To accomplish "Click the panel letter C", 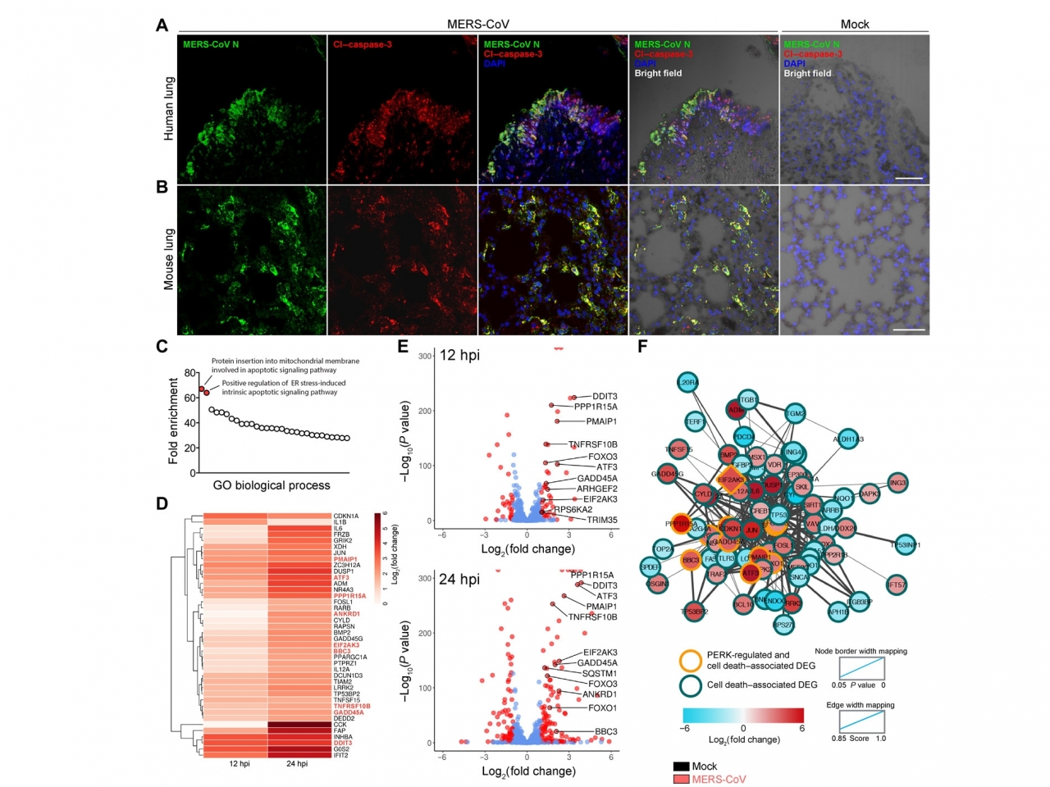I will click(x=162, y=346).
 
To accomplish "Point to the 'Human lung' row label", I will click(x=169, y=109).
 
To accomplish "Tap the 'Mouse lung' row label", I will click(x=169, y=259).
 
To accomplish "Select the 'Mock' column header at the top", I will click(x=854, y=25).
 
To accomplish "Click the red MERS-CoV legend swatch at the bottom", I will click(x=681, y=779).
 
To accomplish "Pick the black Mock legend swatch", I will click(x=681, y=767).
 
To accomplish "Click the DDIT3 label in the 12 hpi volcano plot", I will click(x=605, y=397).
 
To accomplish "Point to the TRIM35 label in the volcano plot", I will click(x=602, y=520).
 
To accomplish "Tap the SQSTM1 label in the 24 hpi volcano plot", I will click(x=600, y=673).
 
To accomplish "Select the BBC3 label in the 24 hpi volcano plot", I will click(x=606, y=731).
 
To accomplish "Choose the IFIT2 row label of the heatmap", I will click(x=340, y=755).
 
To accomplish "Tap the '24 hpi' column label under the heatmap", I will click(x=297, y=764).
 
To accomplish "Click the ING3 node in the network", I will click(x=897, y=483).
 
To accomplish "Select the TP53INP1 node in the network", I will click(x=905, y=545).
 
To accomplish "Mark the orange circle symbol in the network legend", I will click(x=691, y=660).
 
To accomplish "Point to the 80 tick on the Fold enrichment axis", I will click(x=189, y=374).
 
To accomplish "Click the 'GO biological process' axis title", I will click(x=272, y=485).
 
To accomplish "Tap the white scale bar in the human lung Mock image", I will click(x=909, y=178).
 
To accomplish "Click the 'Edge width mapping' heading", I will click(x=860, y=705).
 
